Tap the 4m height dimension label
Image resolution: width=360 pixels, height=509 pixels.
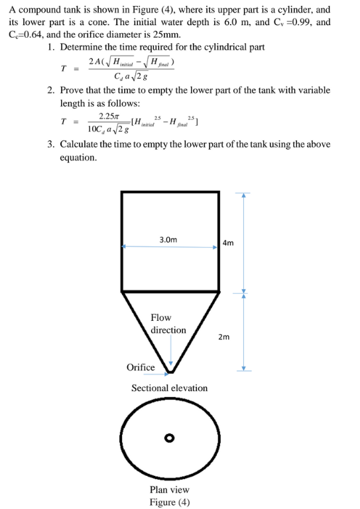228,243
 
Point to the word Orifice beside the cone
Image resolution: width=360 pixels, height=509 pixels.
140,367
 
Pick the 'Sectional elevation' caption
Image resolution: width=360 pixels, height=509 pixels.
169,388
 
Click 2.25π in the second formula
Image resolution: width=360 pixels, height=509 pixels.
107,115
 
